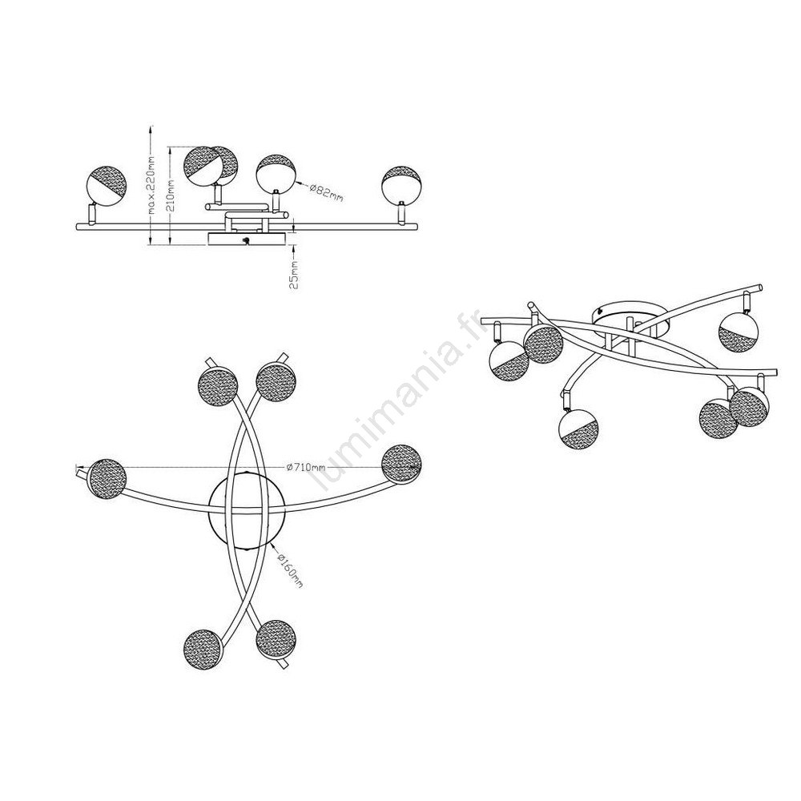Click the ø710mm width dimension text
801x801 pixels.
coord(306,466)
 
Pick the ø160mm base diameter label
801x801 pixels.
coord(290,569)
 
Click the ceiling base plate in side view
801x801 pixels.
coord(247,239)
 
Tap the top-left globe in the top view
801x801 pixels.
coord(218,386)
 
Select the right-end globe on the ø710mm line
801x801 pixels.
coord(402,464)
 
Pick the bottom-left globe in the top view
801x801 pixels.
coord(203,650)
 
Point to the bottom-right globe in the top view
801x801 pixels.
coord(276,640)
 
